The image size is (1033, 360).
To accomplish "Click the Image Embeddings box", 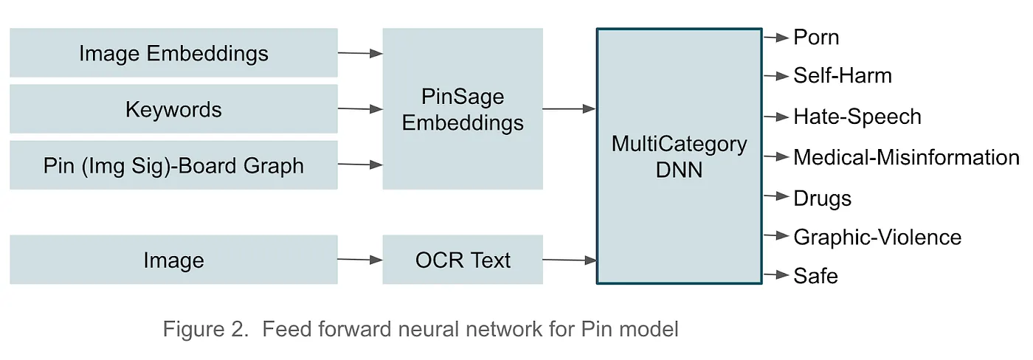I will pos(173,53).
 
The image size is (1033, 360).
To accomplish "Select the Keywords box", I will pos(173,109).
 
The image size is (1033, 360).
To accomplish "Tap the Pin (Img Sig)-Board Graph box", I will pos(173,165).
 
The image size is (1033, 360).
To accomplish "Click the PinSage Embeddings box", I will pos(463,109).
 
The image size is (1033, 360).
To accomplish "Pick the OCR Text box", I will pos(463,260).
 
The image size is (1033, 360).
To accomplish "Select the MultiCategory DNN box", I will pos(679,156).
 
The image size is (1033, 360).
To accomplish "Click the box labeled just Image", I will pos(173,260).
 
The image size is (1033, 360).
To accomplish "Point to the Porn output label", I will pos(816,37).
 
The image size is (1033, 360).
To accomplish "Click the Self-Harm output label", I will pos(843,76).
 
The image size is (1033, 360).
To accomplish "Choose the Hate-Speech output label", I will pos(857,117).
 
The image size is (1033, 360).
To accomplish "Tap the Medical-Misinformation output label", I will pos(906,157).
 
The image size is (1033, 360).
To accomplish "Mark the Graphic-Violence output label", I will pos(877,237).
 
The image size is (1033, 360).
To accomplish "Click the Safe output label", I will pos(815,276).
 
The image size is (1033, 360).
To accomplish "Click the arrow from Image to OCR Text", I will pos(360,259).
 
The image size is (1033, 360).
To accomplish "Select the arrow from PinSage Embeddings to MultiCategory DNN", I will pos(569,109).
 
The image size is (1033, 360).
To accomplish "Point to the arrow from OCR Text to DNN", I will pos(569,260).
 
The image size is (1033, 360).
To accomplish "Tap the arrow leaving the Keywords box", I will pos(360,109).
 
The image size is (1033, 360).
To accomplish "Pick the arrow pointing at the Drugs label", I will pos(776,197).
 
